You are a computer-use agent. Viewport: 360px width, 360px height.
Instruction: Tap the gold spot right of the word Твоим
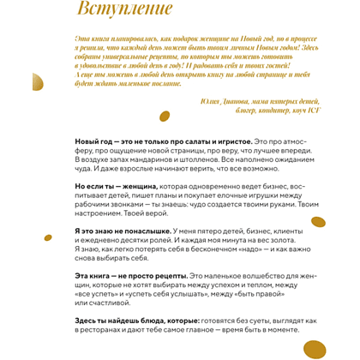[x=318, y=222]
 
